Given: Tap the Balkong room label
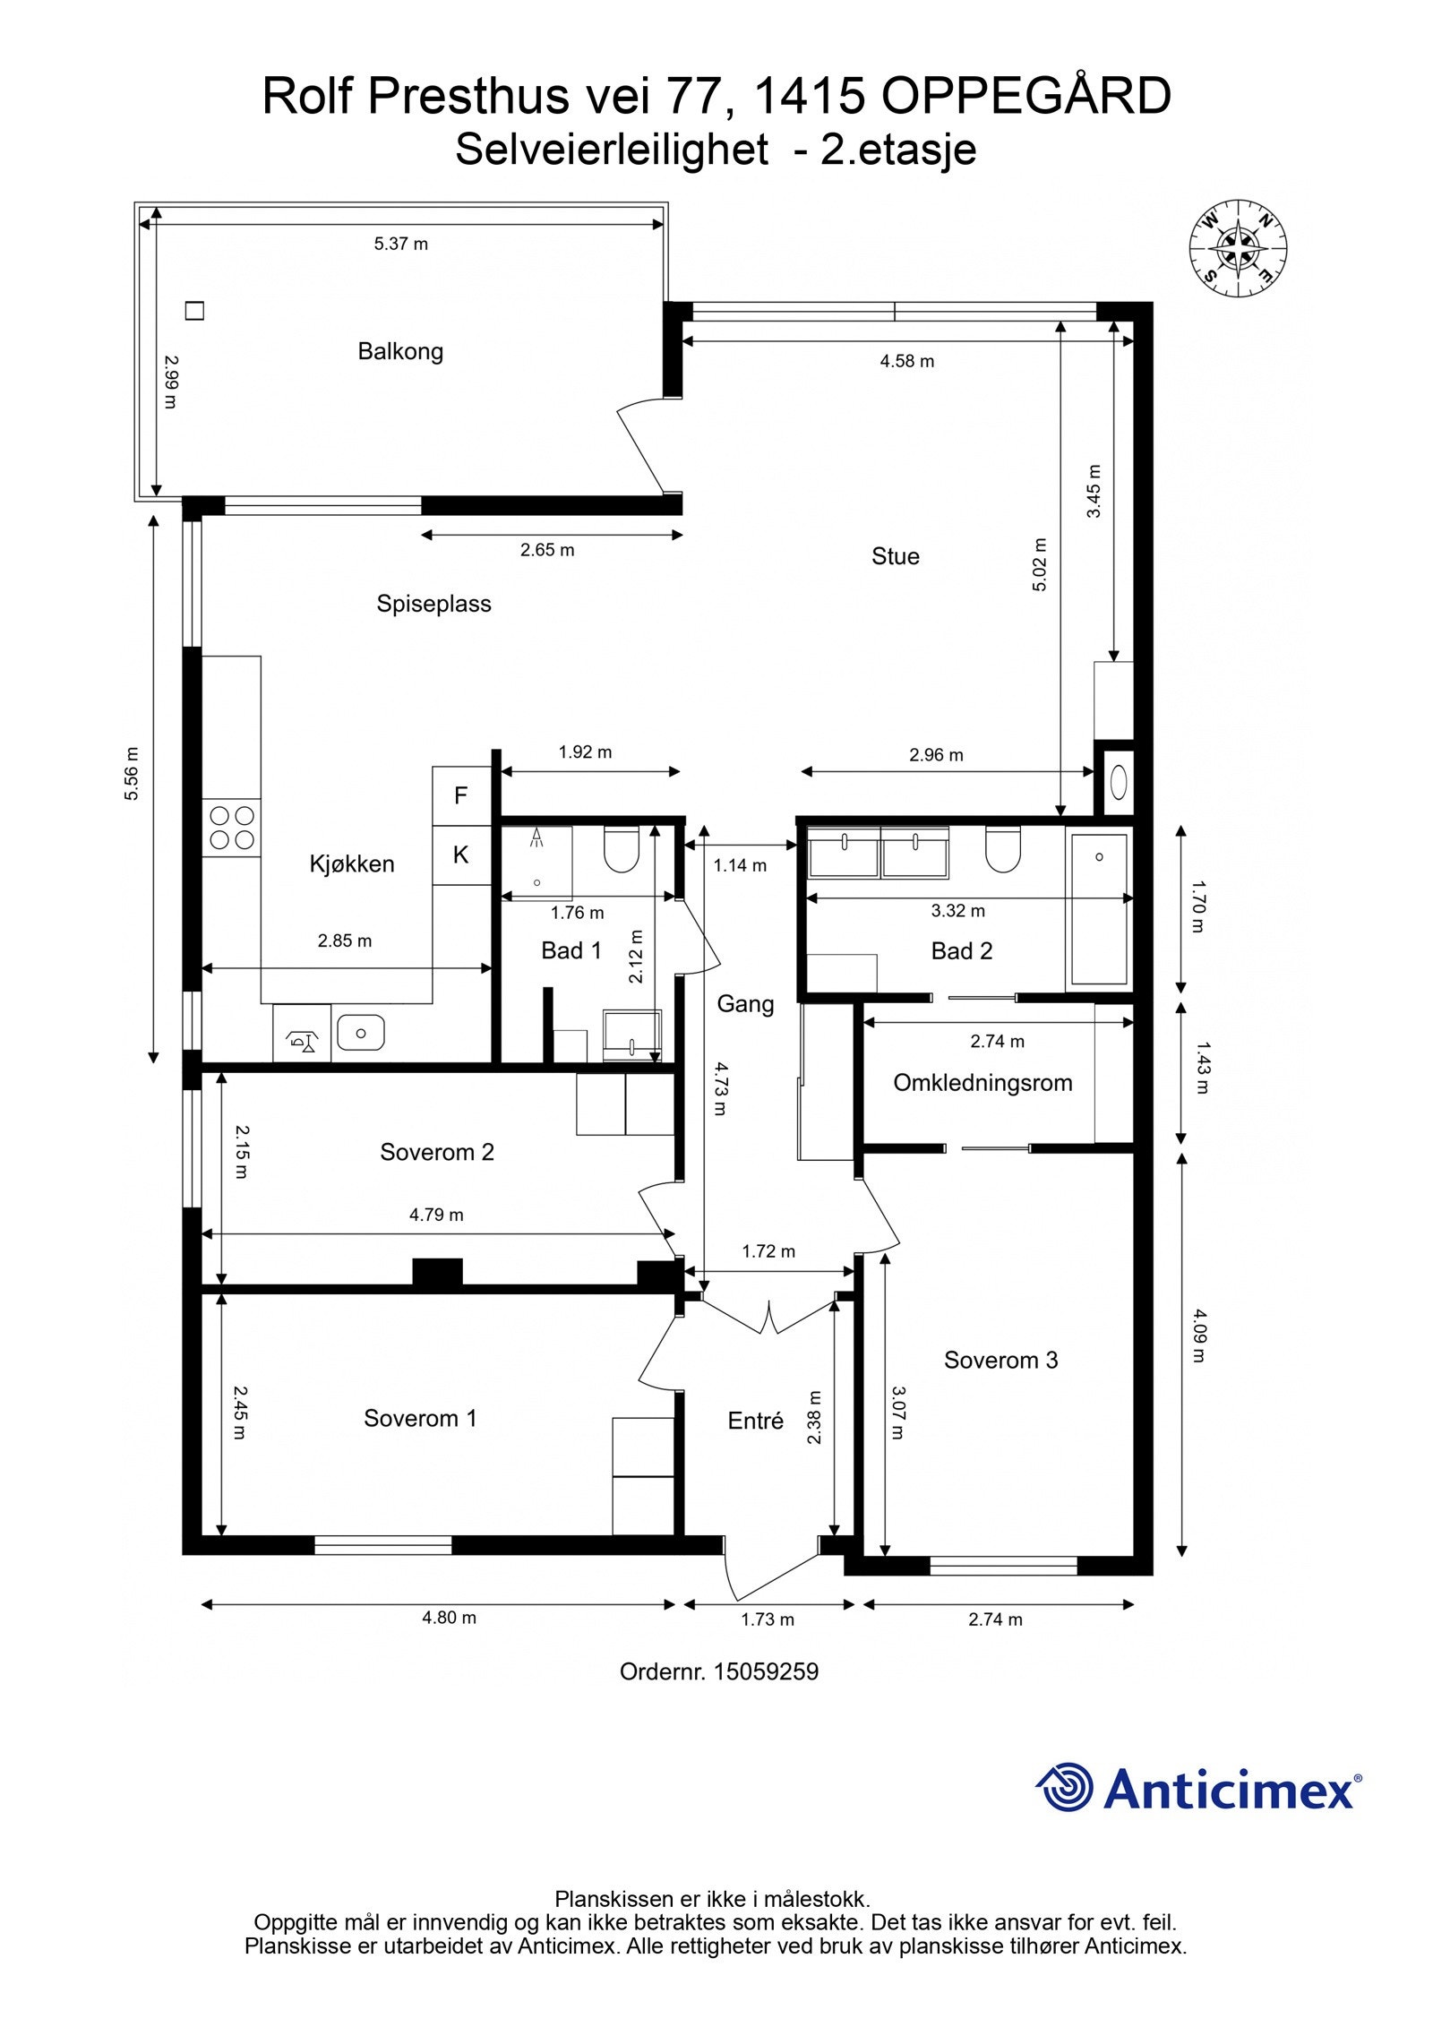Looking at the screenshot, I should coord(400,351).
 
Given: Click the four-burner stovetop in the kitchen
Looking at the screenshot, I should coord(231,828).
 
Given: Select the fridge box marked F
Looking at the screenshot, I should coord(461,795).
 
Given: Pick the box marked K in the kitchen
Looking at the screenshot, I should coord(461,855).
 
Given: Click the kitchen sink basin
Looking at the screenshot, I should coord(360,1033).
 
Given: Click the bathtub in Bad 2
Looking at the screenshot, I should coord(1099,907).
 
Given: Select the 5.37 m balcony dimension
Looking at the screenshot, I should coord(400,244).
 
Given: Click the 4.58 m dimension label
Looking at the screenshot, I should coord(906,361).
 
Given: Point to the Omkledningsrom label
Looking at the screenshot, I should coord(983,1083).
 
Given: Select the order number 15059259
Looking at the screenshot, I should coord(765,1672).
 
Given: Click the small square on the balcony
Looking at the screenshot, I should coord(194,311).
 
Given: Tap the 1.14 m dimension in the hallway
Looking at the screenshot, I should coord(740,865).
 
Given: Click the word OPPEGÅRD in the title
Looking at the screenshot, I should coord(1026,97).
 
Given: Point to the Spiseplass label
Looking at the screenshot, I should coord(433,604).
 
